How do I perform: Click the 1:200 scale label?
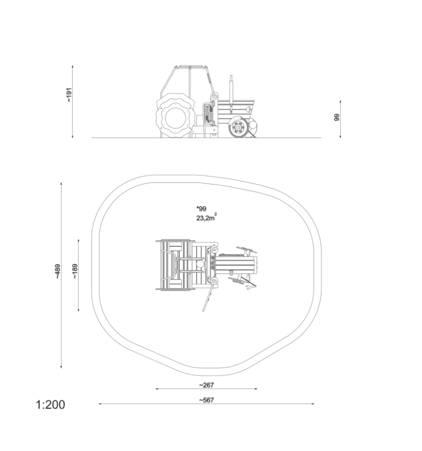click(x=51, y=404)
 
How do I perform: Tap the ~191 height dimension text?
click(x=69, y=95)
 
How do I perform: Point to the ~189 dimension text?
click(x=75, y=271)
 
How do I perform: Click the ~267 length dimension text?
click(x=207, y=385)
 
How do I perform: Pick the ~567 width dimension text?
click(x=207, y=400)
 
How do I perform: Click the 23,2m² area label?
click(x=207, y=218)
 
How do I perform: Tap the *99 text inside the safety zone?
click(x=201, y=209)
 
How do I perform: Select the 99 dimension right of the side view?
click(x=337, y=118)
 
